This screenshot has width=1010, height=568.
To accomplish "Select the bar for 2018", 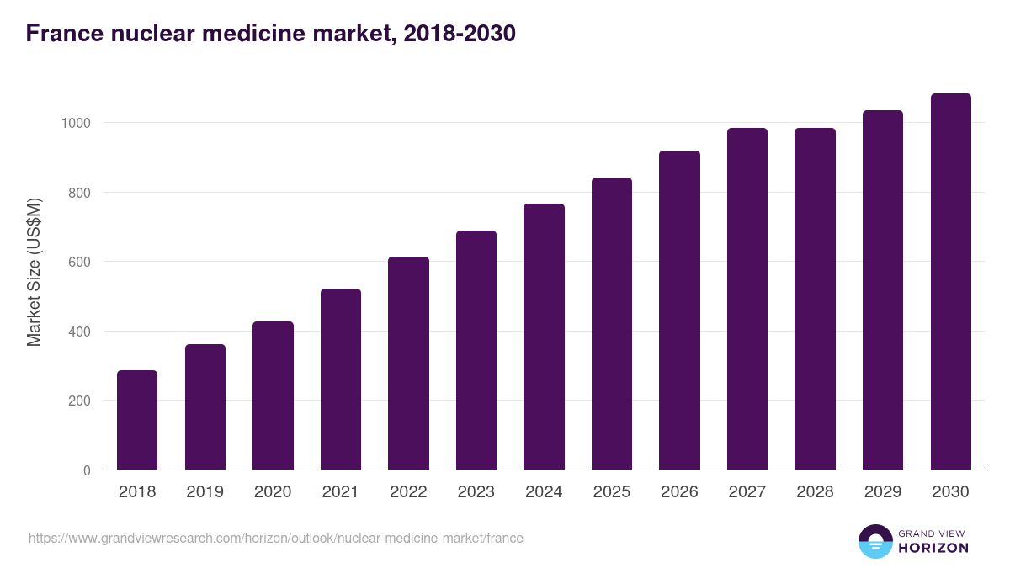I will (137, 420).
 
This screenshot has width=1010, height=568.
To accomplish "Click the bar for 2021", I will (341, 380).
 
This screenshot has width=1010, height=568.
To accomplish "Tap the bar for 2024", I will (544, 337).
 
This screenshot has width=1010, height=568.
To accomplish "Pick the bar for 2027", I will (747, 299).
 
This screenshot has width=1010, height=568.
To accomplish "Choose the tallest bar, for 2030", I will (950, 282).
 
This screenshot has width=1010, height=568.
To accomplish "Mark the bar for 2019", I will (205, 407).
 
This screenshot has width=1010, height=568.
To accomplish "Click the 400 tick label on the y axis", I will (78, 332).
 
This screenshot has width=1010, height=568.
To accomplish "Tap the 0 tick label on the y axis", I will (87, 470).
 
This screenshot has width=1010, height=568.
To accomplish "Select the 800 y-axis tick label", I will (78, 193).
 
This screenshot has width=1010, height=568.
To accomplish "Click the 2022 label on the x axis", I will (408, 492).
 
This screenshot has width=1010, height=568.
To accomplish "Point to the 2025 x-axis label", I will (612, 492).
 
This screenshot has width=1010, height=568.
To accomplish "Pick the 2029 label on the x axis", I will (883, 492).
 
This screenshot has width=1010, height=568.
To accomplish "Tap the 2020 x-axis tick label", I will (273, 492).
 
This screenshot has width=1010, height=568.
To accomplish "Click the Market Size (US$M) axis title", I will (34, 271).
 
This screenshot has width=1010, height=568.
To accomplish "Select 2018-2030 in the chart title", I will (460, 34).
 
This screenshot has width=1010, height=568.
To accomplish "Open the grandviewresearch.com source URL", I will (276, 538).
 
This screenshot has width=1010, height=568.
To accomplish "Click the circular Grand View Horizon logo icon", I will (875, 541).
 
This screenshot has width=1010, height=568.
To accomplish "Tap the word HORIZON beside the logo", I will (933, 548).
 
